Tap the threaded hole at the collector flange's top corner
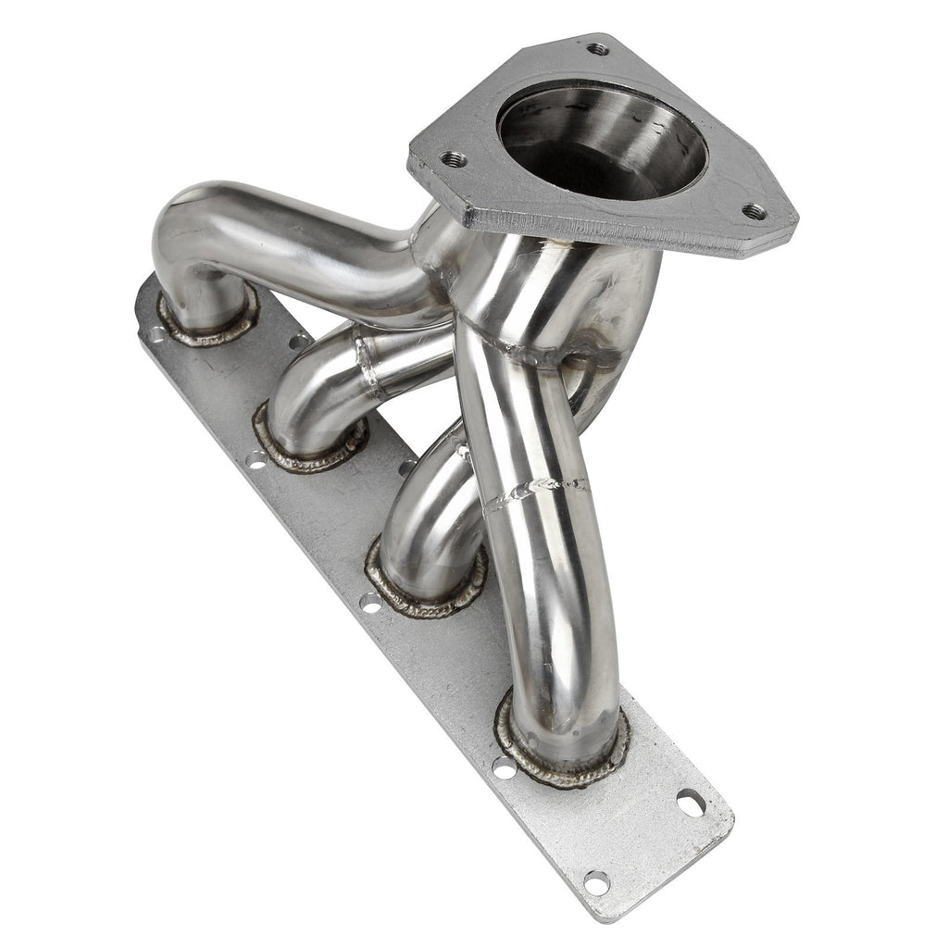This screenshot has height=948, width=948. click(598, 48)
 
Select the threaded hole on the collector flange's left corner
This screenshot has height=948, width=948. click(453, 158)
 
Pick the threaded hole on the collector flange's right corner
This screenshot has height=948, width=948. click(755, 211)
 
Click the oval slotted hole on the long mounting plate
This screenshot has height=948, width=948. click(691, 803)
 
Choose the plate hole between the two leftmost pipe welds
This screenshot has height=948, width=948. click(298, 342)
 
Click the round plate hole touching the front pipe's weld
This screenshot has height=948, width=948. click(503, 767)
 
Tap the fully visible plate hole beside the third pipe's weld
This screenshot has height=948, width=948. click(370, 604)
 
